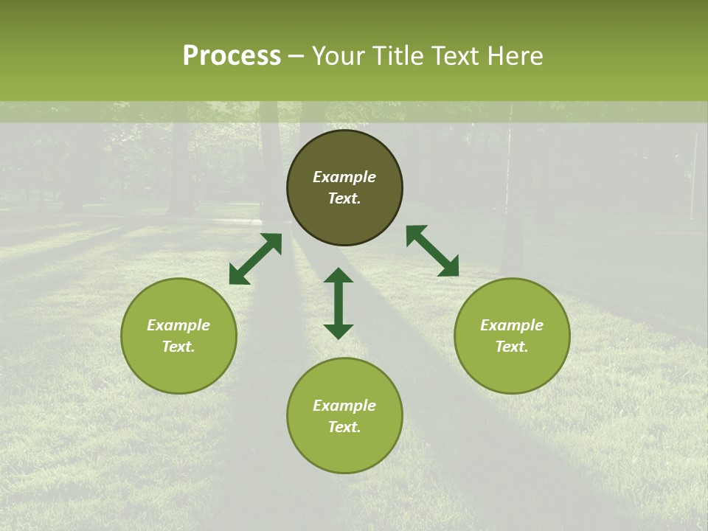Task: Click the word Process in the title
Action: (232, 56)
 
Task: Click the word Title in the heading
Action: (399, 56)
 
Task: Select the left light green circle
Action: (178, 369)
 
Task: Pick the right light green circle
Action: (512, 369)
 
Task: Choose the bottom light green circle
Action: (344, 450)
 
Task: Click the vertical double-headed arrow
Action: (339, 304)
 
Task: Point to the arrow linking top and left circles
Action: (255, 259)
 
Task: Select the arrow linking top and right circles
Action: (432, 251)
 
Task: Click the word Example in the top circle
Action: (344, 177)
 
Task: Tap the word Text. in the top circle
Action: (344, 198)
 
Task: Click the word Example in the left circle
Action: (178, 325)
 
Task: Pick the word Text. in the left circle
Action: (178, 347)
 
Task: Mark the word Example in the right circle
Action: (512, 325)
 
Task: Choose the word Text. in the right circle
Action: (512, 347)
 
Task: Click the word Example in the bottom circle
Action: (344, 406)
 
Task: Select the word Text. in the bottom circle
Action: (344, 427)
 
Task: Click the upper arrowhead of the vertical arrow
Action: (339, 276)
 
